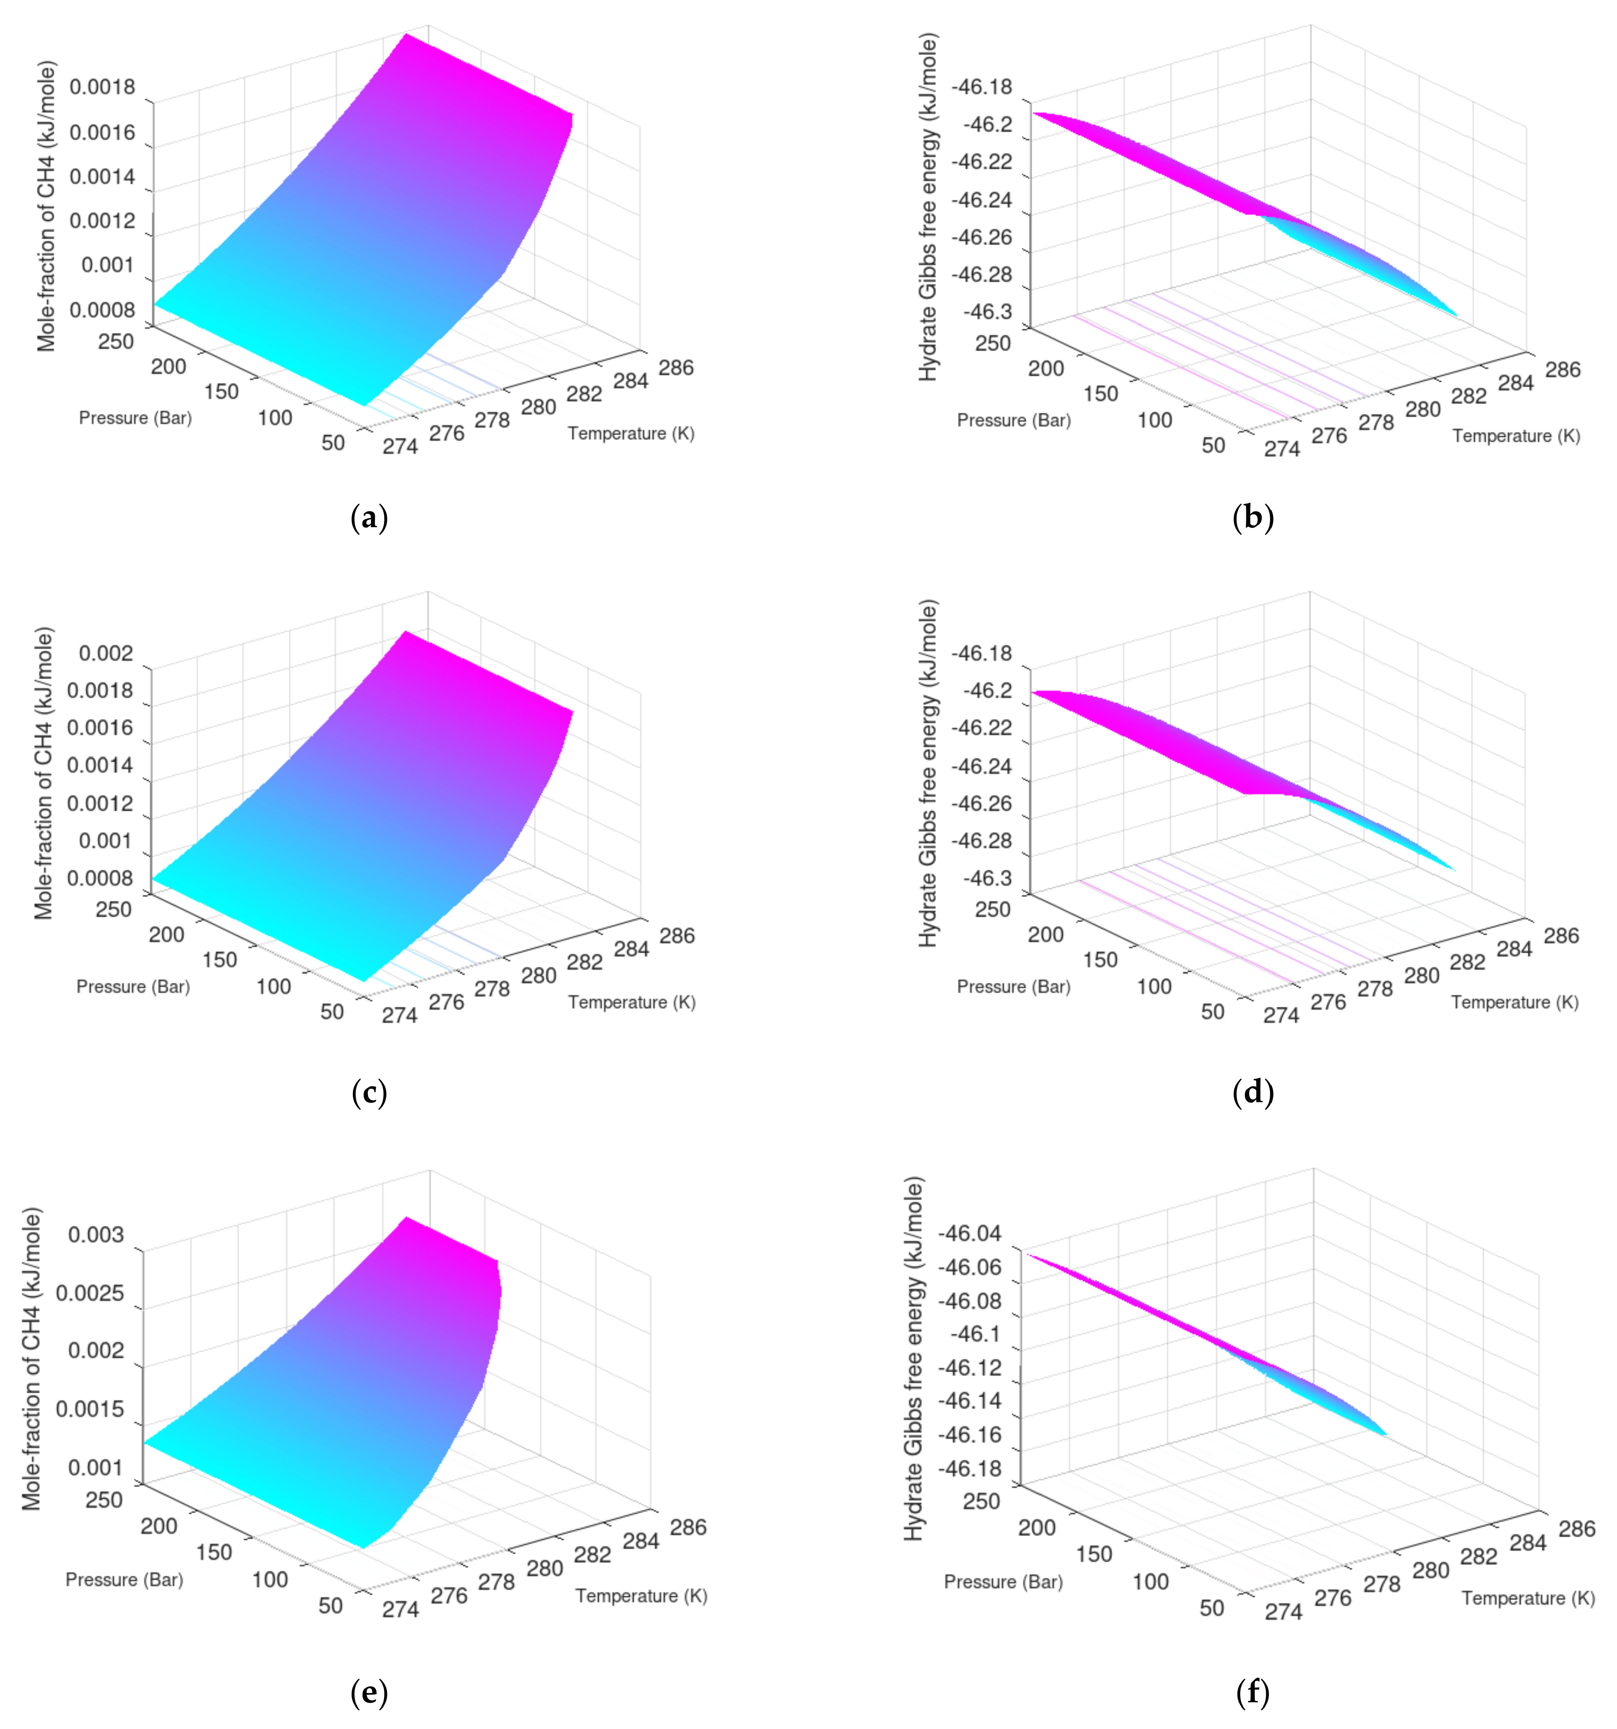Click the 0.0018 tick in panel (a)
[x=103, y=87]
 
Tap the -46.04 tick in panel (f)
[x=968, y=1233]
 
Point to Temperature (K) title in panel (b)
[x=1515, y=436]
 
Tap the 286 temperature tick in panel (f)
[x=1576, y=1528]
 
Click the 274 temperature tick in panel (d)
[x=1281, y=1015]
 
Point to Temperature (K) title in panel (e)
[x=641, y=1596]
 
